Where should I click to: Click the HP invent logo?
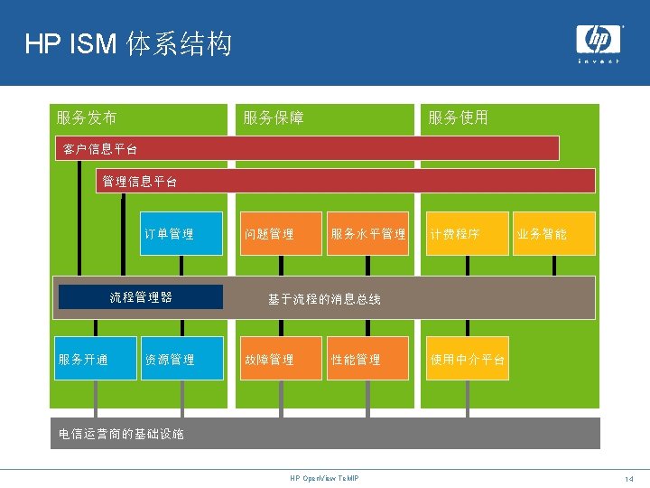[599, 42]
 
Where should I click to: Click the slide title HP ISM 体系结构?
[128, 43]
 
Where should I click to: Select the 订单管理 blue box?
[181, 233]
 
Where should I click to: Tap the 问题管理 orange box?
[281, 233]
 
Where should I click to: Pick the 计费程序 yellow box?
[467, 233]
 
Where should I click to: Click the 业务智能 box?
[554, 233]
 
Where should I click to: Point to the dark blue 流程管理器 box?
[141, 296]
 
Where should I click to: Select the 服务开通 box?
[93, 359]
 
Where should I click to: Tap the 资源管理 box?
[181, 359]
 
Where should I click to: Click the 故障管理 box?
[281, 359]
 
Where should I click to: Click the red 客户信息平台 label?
[99, 148]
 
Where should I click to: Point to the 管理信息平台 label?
[140, 181]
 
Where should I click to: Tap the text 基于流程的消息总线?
[324, 299]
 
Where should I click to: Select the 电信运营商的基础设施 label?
[121, 434]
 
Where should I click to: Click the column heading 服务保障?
[273, 117]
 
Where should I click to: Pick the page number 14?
[628, 477]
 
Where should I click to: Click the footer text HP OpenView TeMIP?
[324, 477]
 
